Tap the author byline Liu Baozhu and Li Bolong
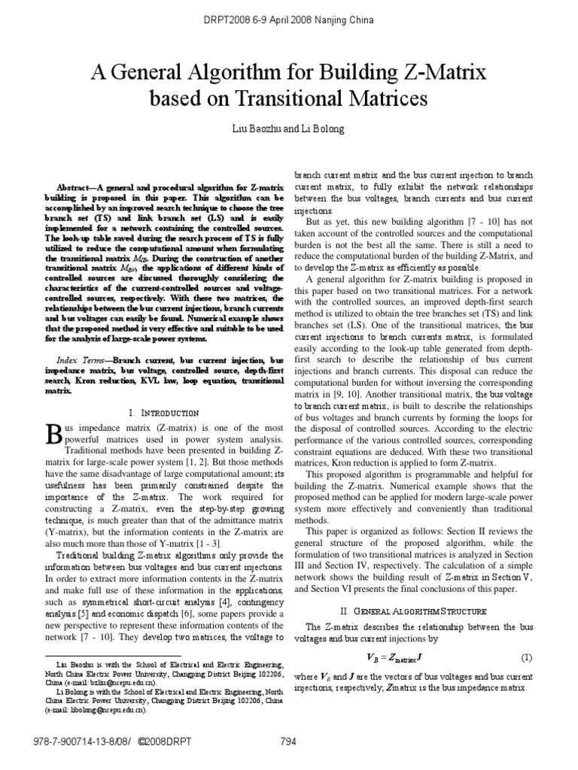coord(289,129)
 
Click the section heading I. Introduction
coord(164,413)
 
